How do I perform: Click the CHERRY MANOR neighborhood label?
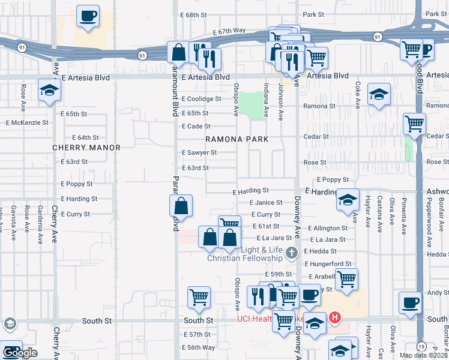coord(86,148)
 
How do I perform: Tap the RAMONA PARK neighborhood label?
coord(236,139)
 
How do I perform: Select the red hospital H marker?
coord(335,317)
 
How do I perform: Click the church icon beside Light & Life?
coord(292,251)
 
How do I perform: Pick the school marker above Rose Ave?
coord(49,91)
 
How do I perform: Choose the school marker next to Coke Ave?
coord(379,94)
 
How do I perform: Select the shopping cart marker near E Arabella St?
coord(346,279)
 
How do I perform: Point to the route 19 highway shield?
coord(423,347)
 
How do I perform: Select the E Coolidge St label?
coord(202,99)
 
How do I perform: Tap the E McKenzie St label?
coord(27,122)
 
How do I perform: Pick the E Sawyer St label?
coord(199,152)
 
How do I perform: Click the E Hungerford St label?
coord(328,263)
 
